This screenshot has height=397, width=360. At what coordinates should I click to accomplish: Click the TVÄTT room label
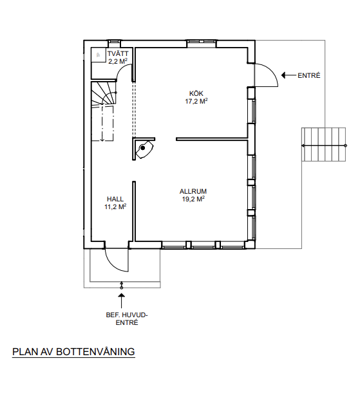point(118,54)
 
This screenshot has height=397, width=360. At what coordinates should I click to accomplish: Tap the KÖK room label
point(196,93)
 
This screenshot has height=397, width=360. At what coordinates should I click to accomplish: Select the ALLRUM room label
point(193,191)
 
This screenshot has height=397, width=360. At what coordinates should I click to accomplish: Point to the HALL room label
point(115,199)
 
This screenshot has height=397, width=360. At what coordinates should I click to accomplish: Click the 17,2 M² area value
point(196,101)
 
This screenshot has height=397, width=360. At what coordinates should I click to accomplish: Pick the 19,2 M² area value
point(193,199)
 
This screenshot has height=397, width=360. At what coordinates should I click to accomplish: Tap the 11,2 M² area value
point(115,207)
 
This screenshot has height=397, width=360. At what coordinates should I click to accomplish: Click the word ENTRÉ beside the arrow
point(309,76)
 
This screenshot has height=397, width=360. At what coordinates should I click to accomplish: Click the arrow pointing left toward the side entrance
point(289,75)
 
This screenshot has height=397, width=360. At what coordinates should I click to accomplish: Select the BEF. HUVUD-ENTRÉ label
point(127,319)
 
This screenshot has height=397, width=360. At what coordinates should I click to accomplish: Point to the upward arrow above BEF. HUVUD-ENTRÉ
point(122,300)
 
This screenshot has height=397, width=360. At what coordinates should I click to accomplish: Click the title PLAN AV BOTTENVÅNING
point(73,352)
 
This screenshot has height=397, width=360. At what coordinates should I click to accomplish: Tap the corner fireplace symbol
point(144,149)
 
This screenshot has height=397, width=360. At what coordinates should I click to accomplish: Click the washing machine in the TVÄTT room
point(99,55)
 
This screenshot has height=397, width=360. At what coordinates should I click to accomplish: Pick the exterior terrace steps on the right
point(323,144)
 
